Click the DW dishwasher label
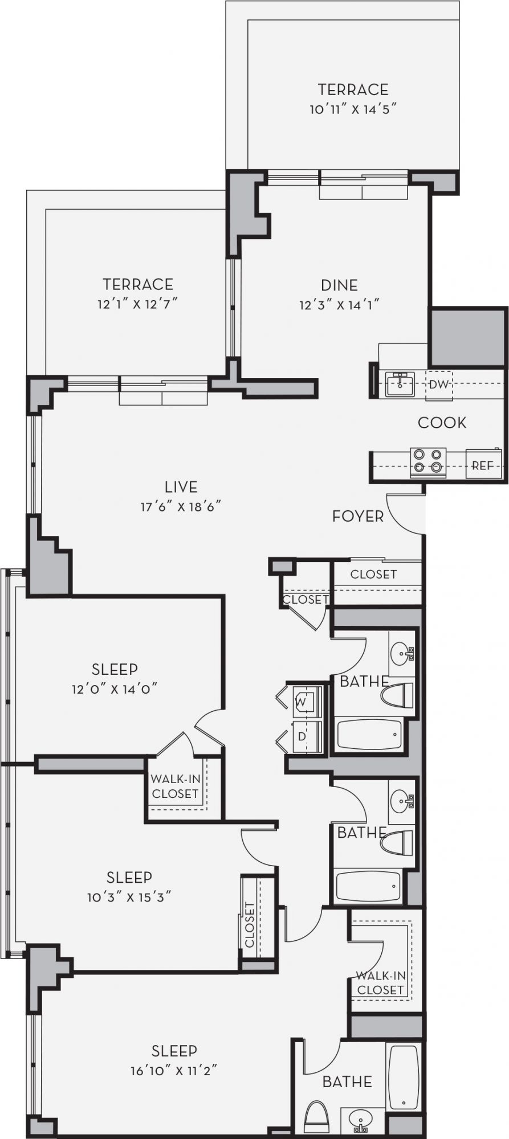[x=439, y=384]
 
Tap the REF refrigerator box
[x=482, y=465]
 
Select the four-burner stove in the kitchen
[x=428, y=461]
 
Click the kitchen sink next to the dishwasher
[x=401, y=384]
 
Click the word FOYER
[x=358, y=517]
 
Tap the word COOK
[x=442, y=423]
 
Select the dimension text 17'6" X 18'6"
[x=181, y=506]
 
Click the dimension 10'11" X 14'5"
[x=353, y=109]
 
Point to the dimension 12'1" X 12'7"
[x=138, y=304]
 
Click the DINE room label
[x=339, y=285]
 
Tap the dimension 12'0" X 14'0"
[x=115, y=689]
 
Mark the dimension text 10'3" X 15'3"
[x=129, y=897]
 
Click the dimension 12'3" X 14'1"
[x=339, y=305]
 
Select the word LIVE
[x=181, y=487]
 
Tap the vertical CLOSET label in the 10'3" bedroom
[x=250, y=925]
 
